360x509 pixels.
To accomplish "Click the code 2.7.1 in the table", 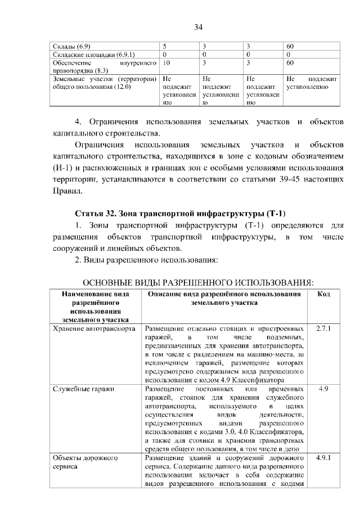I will click(x=323, y=328).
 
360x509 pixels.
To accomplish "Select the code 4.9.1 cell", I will click(x=323, y=458).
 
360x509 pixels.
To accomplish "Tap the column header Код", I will click(x=323, y=294).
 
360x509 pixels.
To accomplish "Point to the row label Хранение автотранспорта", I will click(x=93, y=328).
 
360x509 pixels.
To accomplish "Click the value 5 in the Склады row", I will click(x=164, y=46).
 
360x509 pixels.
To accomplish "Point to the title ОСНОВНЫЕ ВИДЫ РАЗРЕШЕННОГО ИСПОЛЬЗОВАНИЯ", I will click(x=198, y=281).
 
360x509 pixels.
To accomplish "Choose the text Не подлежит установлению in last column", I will click(x=312, y=84).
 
